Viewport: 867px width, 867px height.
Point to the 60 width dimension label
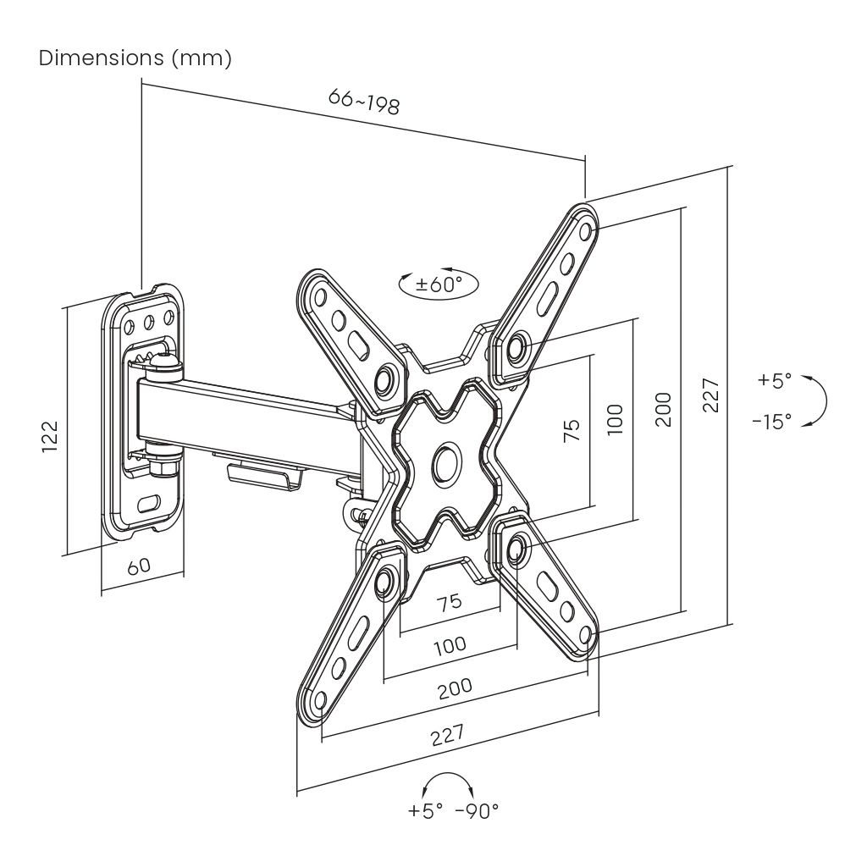[x=139, y=566]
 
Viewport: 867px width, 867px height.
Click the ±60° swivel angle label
[x=439, y=284]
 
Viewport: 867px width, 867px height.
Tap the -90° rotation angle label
[x=477, y=811]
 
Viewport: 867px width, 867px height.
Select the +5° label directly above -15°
[x=774, y=380]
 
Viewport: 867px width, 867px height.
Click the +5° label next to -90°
[x=425, y=811]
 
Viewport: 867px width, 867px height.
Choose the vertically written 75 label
[x=572, y=431]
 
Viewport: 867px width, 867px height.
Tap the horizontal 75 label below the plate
[x=450, y=602]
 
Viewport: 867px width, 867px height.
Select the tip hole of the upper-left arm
[x=319, y=297]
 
